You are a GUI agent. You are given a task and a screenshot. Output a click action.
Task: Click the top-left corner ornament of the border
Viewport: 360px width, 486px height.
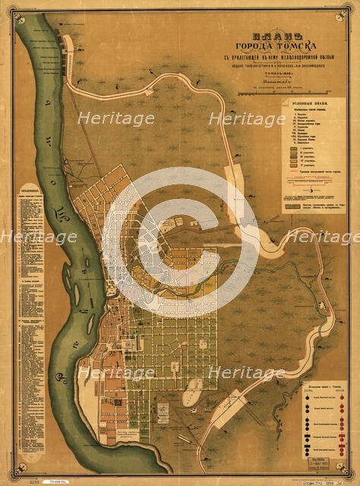[11, 10]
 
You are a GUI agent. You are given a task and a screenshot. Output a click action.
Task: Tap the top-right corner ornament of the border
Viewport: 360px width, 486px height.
[349, 10]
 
